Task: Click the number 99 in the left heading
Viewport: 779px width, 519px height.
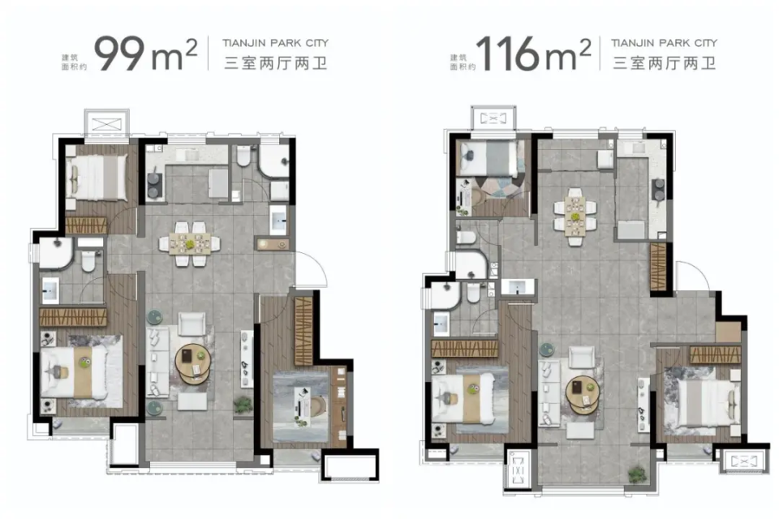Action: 118,54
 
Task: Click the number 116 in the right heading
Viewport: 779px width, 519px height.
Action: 507,54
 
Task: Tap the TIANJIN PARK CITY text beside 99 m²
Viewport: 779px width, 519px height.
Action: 275,43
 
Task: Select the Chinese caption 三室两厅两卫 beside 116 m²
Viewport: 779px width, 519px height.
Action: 665,63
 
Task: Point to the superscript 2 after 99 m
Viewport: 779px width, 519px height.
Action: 191,48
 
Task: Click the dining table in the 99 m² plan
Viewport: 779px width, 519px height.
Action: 189,244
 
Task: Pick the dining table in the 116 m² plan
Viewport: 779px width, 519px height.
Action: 575,217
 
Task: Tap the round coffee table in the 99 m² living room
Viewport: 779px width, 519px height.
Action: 193,363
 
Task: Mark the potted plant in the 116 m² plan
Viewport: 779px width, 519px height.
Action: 638,474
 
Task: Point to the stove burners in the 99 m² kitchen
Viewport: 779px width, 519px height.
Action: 154,185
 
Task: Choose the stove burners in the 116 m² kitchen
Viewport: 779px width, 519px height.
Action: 659,189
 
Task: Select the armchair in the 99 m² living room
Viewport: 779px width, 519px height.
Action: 192,324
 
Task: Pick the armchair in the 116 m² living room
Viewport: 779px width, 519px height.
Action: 582,357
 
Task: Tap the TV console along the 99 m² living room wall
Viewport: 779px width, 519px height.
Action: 247,358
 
